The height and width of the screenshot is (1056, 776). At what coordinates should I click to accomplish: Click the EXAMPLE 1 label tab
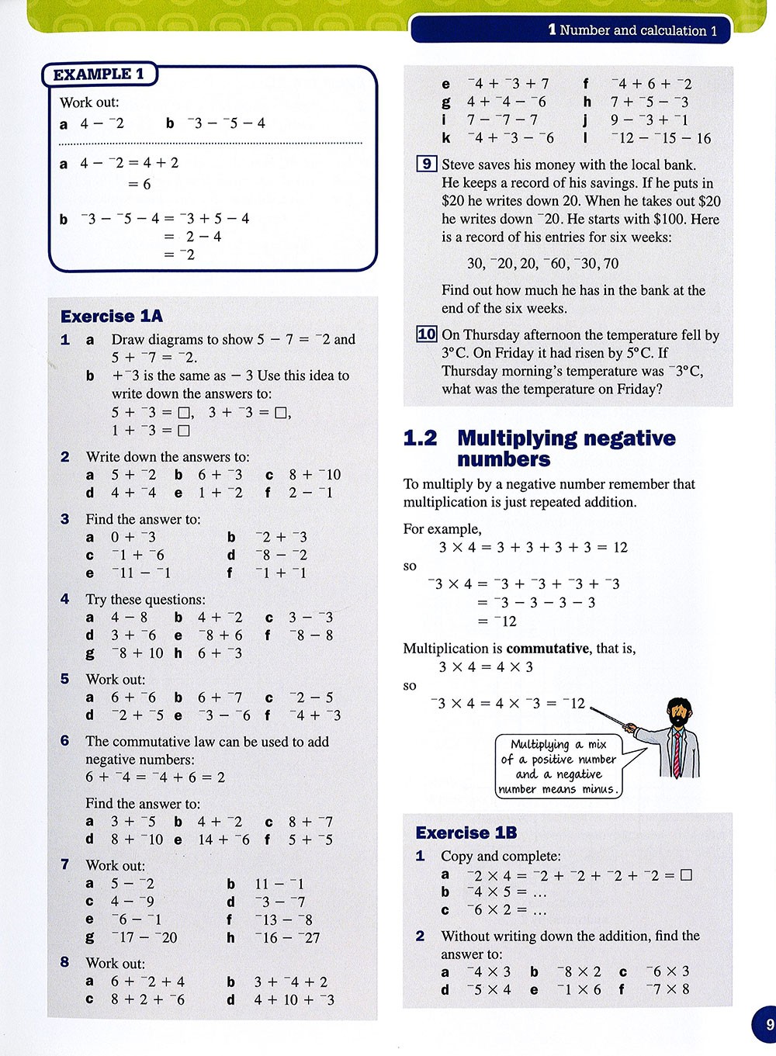(x=99, y=74)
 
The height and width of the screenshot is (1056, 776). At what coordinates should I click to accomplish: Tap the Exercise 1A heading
(x=112, y=316)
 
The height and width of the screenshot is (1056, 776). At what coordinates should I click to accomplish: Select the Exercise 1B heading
(x=466, y=833)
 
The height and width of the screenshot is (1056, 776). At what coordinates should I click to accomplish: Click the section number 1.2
(x=420, y=438)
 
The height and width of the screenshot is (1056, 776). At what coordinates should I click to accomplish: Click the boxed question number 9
(x=426, y=164)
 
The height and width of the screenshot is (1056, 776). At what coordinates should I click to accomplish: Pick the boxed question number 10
(x=427, y=334)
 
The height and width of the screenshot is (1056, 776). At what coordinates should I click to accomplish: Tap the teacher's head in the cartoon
(x=680, y=712)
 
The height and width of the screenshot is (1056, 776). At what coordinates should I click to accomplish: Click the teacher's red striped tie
(x=677, y=753)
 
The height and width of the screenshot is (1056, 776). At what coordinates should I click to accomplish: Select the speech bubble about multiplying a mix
(x=559, y=767)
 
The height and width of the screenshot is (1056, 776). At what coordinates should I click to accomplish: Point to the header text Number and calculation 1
(x=632, y=30)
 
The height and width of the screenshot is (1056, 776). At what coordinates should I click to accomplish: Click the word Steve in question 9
(x=459, y=164)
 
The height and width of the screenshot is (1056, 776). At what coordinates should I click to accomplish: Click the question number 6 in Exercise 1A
(x=65, y=741)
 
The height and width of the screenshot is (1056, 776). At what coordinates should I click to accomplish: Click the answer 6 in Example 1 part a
(x=147, y=184)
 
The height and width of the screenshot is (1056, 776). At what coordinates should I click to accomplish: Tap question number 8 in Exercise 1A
(x=65, y=962)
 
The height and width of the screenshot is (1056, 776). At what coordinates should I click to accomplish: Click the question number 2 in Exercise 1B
(x=420, y=936)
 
